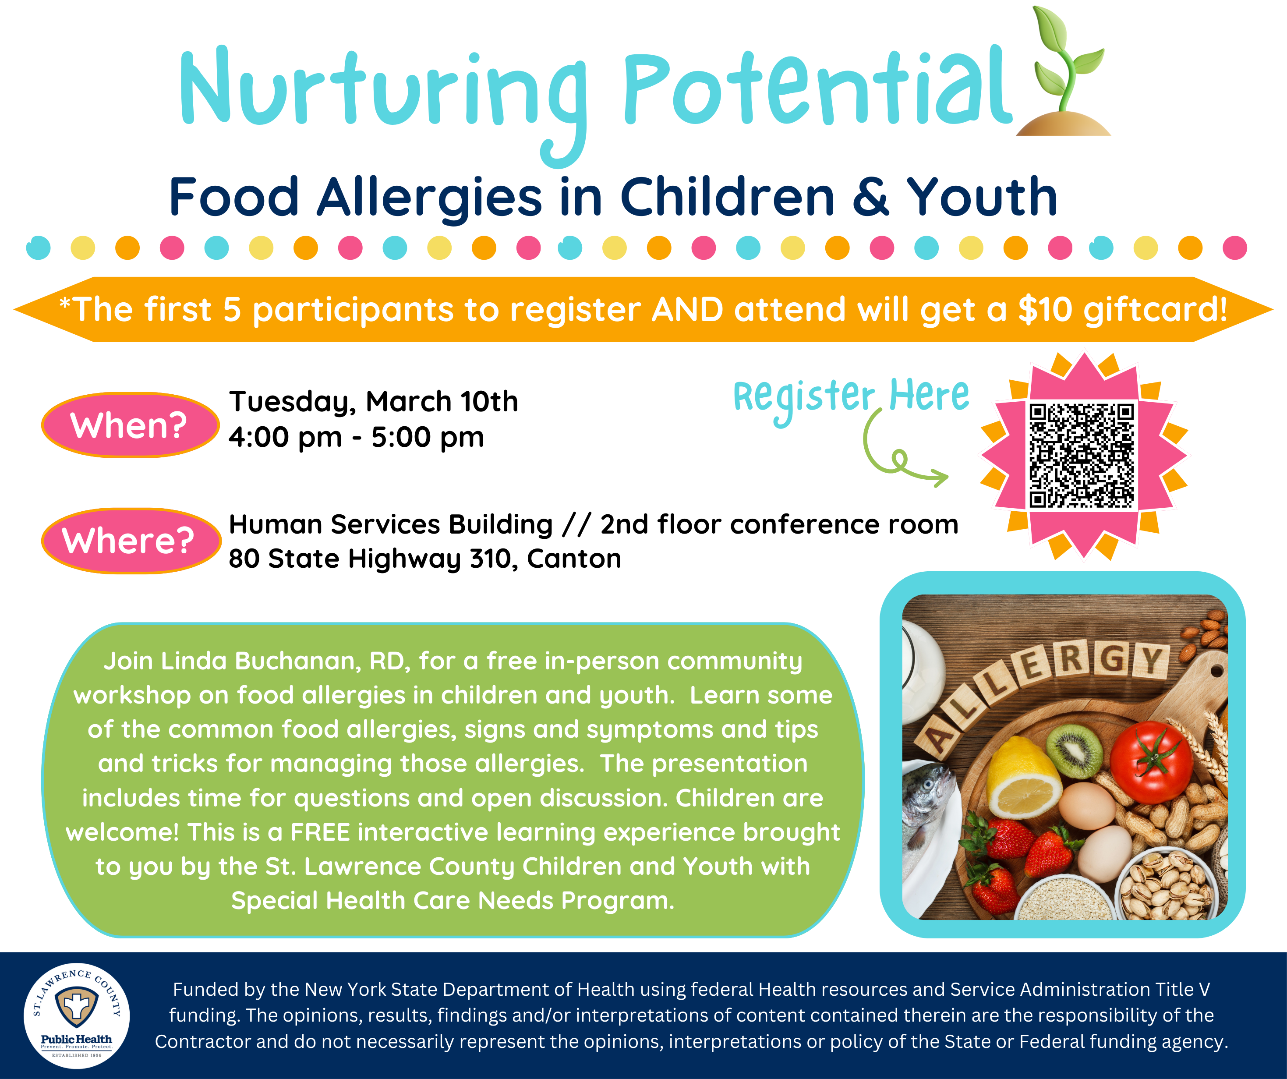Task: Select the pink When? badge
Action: coord(130,425)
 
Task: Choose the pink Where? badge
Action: coord(131,541)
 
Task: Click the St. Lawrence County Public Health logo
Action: coord(77,1016)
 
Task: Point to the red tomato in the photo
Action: coord(1151,761)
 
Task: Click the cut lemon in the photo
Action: coord(1023,777)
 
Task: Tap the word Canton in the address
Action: coord(574,559)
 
